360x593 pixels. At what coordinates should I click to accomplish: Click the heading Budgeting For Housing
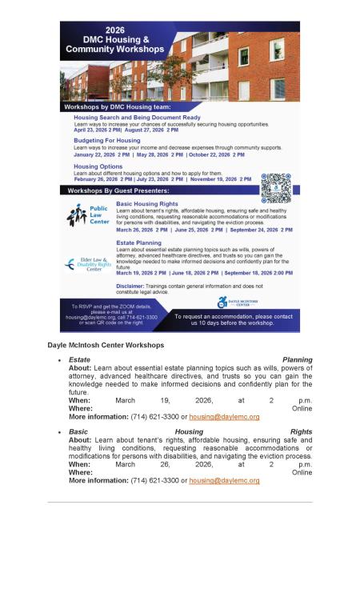click(x=106, y=140)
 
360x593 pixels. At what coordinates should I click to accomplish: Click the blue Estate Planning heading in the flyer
click(x=138, y=242)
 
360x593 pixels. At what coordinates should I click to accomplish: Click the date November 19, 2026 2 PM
click(x=221, y=179)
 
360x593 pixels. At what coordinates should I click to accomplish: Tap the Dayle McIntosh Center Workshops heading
click(x=106, y=345)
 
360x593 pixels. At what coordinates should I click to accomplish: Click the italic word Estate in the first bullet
click(x=78, y=360)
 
